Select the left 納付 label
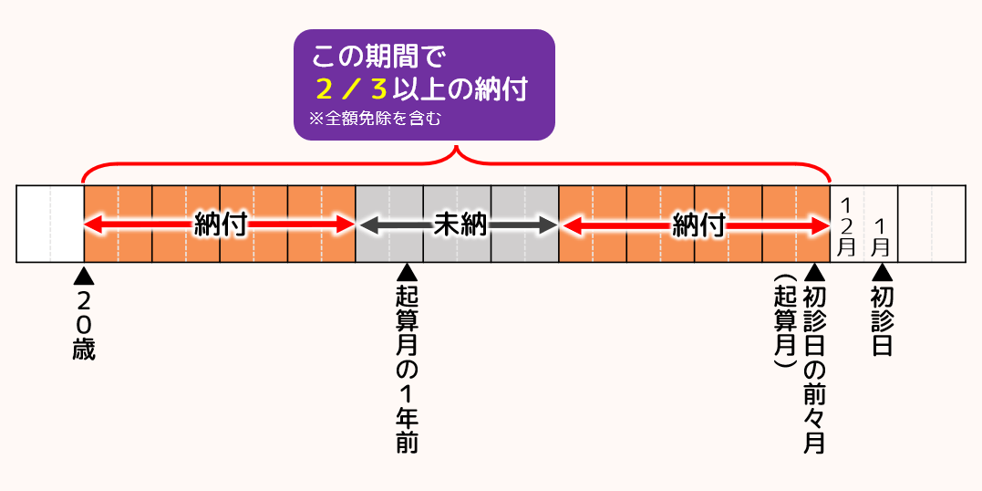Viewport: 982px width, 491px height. click(x=221, y=225)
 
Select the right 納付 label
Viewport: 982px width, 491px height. click(x=698, y=225)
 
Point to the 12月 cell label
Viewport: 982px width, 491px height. click(x=847, y=225)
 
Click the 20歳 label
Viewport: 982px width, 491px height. click(x=84, y=325)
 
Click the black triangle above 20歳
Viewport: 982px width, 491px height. click(x=84, y=274)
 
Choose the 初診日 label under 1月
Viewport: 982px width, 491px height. click(x=882, y=320)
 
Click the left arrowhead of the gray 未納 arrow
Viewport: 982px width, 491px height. click(x=365, y=225)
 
